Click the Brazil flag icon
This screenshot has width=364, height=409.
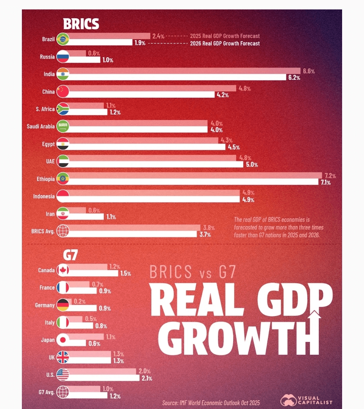(63, 39)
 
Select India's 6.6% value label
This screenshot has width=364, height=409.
(309, 71)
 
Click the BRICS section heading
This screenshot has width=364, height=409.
(81, 24)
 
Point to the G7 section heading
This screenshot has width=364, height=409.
(70, 255)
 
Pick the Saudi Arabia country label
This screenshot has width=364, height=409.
(40, 126)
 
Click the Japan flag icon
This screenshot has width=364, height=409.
(63, 340)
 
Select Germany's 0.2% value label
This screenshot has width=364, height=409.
(80, 302)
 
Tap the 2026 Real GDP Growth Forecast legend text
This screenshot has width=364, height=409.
(225, 43)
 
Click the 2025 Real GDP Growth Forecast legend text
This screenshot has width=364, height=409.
(225, 36)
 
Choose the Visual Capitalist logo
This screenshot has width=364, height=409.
(306, 400)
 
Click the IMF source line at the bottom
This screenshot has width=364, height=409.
(211, 403)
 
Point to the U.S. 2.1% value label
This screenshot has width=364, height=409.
(147, 378)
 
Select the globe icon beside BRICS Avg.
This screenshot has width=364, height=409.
(63, 231)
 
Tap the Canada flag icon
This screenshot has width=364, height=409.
(63, 270)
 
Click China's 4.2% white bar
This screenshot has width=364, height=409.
(142, 95)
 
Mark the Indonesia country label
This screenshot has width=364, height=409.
(44, 196)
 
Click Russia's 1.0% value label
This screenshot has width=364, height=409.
(108, 60)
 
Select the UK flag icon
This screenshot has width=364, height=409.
(63, 357)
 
